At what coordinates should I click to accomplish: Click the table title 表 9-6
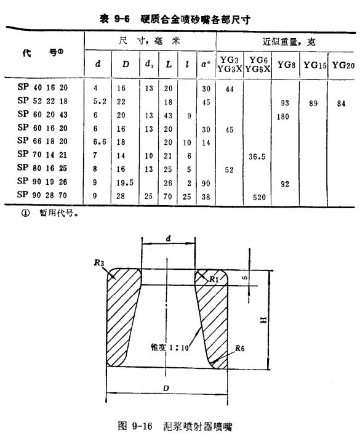click(114, 19)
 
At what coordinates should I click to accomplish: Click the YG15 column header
click(315, 65)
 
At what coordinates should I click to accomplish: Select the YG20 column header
click(343, 65)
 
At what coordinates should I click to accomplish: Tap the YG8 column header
click(286, 65)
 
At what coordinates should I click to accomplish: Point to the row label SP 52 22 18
click(42, 100)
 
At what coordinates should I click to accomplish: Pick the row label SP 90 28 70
click(42, 195)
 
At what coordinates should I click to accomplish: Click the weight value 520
click(259, 198)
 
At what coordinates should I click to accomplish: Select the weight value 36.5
click(257, 156)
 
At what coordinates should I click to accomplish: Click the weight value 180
click(282, 116)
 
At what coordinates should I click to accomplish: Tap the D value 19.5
click(125, 183)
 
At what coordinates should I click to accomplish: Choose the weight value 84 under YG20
click(341, 103)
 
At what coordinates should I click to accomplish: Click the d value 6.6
click(100, 142)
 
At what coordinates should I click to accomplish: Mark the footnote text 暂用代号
click(57, 213)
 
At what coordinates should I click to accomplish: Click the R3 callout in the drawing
click(99, 262)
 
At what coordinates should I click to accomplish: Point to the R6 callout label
click(240, 348)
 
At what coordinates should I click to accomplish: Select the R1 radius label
click(214, 279)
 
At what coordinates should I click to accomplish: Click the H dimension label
click(263, 320)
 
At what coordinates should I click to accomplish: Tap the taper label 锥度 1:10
click(170, 347)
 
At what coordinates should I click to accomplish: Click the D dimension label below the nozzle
click(166, 388)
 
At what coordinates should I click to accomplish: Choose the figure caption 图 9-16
click(135, 426)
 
